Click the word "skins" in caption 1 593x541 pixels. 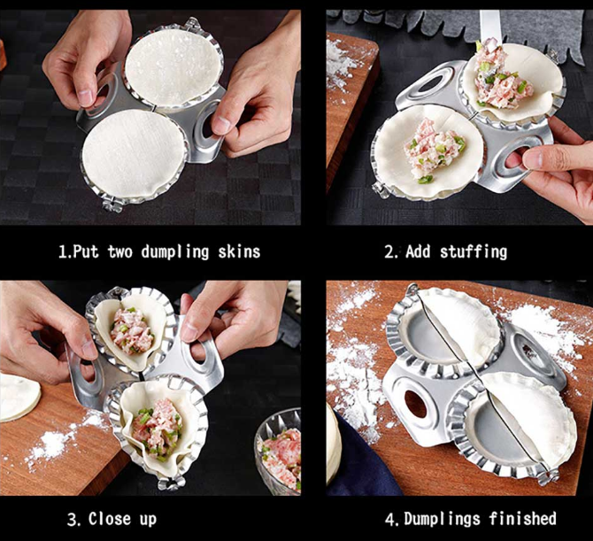pyautogui.click(x=239, y=252)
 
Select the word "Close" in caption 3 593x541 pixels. pyautogui.click(x=110, y=519)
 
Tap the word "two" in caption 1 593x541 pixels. pyautogui.click(x=119, y=252)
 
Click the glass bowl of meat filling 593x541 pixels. pyautogui.click(x=278, y=452)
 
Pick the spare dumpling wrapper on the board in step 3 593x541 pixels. pyautogui.click(x=19, y=398)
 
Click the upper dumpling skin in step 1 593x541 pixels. pyautogui.click(x=173, y=67)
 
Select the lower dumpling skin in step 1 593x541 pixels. pyautogui.click(x=134, y=153)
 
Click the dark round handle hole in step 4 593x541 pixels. pyautogui.click(x=415, y=405)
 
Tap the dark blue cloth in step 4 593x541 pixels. pyautogui.click(x=359, y=458)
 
